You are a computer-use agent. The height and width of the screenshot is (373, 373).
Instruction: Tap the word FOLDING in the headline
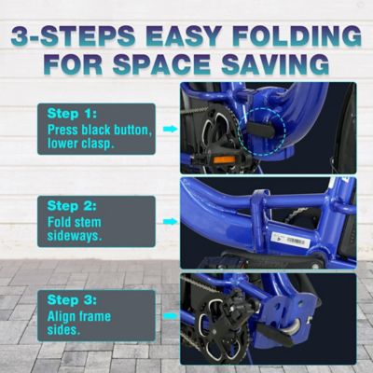click(294, 37)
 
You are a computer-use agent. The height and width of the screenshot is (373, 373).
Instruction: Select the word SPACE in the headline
click(186, 67)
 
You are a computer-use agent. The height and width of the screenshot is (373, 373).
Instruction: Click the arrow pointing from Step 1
click(170, 130)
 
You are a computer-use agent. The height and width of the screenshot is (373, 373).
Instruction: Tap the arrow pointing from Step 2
click(170, 223)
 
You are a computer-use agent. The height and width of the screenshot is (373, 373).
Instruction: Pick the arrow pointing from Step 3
click(170, 316)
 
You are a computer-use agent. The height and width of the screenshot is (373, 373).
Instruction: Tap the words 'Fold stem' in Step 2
click(76, 222)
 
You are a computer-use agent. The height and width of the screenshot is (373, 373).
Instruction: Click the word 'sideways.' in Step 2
click(76, 237)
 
